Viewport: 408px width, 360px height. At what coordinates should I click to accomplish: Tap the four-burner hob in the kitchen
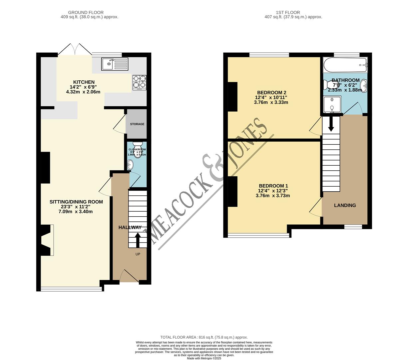click(x=140, y=82)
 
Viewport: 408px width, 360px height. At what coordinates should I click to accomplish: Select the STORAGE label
click(x=137, y=124)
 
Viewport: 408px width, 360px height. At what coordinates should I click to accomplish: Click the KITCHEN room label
click(x=84, y=82)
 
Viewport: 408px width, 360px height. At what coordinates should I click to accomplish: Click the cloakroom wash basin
click(x=131, y=164)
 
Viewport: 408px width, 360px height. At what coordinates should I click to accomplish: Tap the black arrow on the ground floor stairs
click(x=138, y=239)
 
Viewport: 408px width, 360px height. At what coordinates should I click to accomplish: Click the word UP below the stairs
click(x=138, y=254)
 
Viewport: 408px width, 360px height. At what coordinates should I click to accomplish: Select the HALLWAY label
click(x=130, y=227)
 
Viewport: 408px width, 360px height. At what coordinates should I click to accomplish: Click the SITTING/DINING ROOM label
click(x=76, y=202)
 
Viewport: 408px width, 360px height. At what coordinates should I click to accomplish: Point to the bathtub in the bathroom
click(x=345, y=65)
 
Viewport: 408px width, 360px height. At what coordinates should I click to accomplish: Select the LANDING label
click(x=345, y=205)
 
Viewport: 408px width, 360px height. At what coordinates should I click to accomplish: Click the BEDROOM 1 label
click(x=273, y=186)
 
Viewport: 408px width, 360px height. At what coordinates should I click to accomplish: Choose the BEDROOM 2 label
click(x=271, y=92)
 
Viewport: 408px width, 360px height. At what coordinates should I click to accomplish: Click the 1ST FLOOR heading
click(x=288, y=12)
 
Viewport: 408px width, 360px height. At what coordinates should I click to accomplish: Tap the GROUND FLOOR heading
click(x=86, y=12)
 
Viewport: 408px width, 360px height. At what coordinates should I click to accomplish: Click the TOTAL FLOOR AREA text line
click(x=204, y=337)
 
